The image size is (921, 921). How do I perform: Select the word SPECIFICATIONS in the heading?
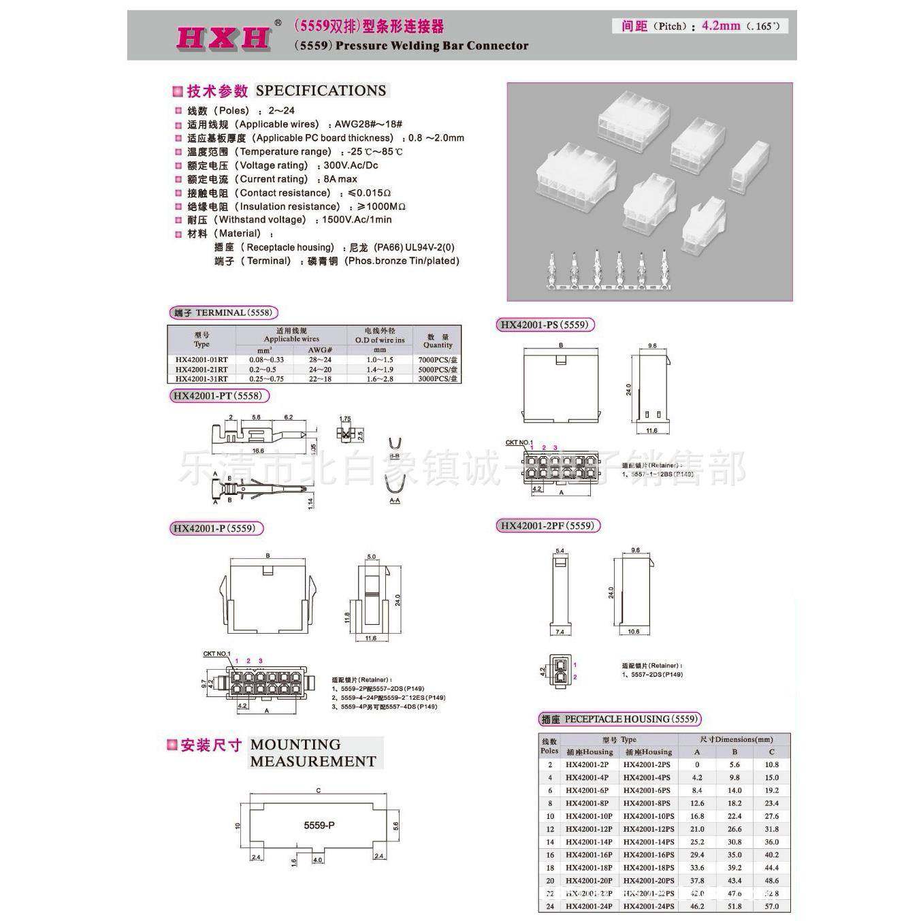click(x=321, y=91)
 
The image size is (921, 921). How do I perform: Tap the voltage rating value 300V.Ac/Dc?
click(x=351, y=165)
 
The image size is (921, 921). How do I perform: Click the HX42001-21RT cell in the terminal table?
click(x=201, y=369)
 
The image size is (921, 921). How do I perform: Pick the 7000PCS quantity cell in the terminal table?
click(x=438, y=359)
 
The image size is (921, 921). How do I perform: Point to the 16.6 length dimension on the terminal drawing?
click(x=258, y=451)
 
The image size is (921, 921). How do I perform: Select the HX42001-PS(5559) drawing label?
click(x=544, y=325)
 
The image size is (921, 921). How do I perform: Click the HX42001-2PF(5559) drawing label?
click(x=547, y=526)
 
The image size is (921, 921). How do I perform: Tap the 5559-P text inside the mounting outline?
click(x=319, y=825)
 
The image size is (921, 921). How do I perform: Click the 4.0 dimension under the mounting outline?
click(x=318, y=860)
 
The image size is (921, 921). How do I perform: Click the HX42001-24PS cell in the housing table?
click(x=649, y=906)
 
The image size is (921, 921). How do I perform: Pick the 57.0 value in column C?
click(x=771, y=906)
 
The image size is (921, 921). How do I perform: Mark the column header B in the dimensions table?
click(x=734, y=752)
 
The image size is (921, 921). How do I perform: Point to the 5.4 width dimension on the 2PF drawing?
click(x=560, y=551)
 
